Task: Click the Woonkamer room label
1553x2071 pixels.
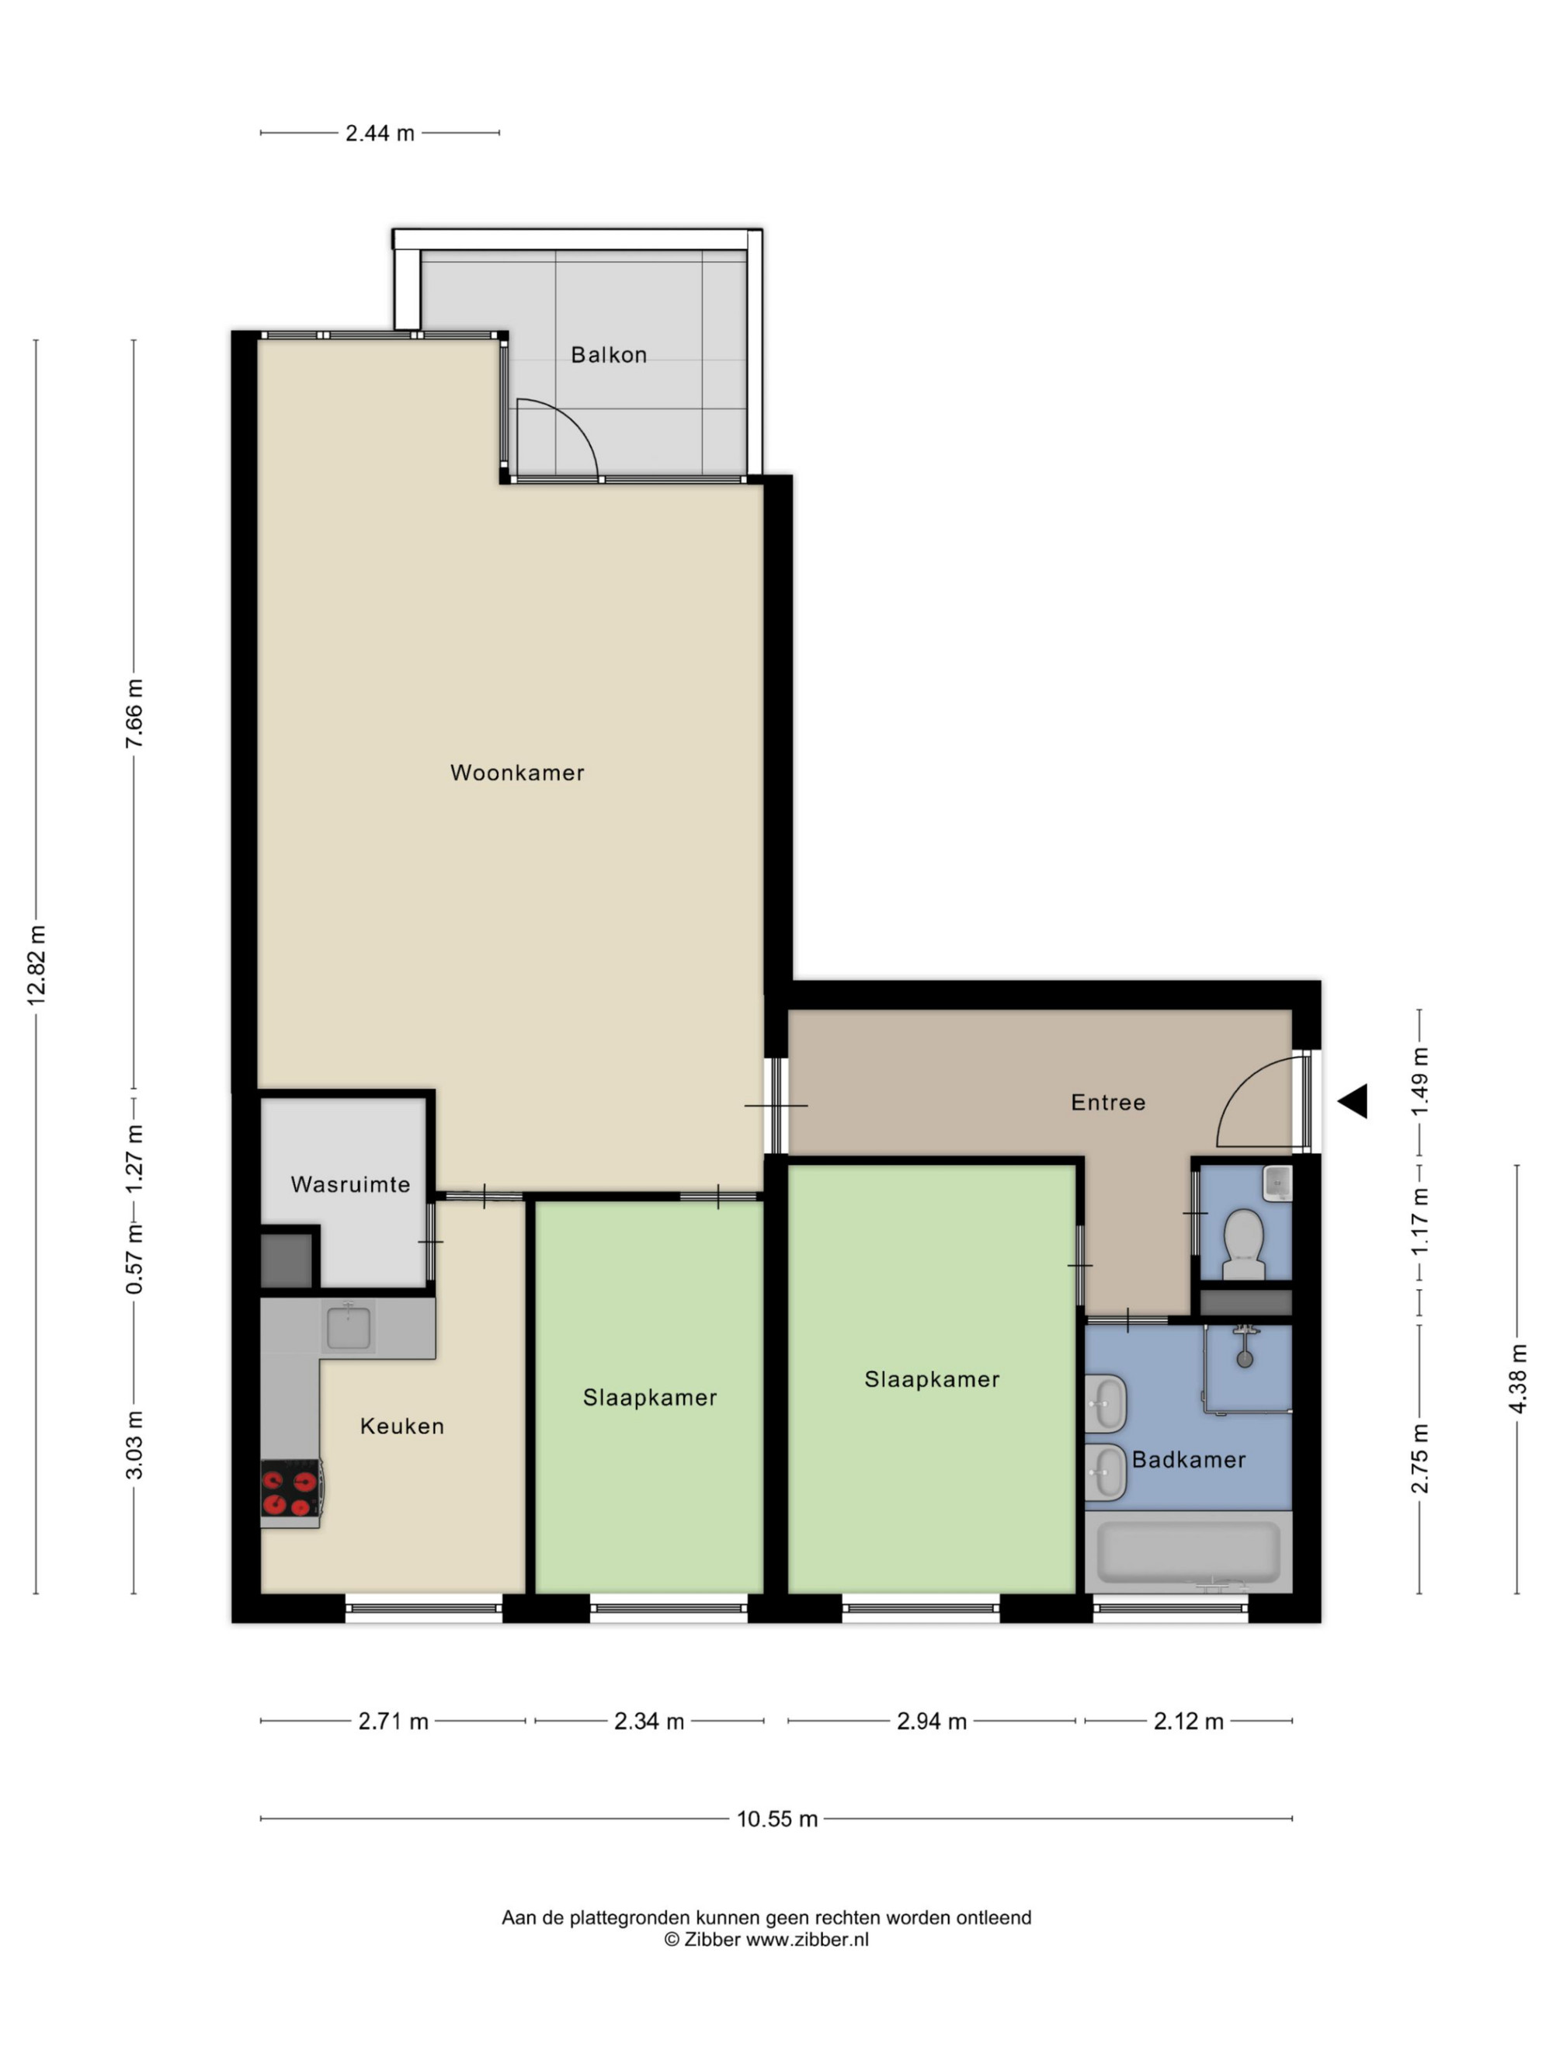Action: [516, 773]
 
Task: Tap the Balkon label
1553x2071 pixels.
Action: [609, 355]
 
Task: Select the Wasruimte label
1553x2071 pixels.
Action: [350, 1184]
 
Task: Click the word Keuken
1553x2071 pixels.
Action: [401, 1426]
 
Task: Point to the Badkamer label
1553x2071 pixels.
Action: [1188, 1460]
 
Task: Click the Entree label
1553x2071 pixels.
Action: [1107, 1102]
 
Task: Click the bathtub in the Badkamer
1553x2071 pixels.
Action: [1188, 1552]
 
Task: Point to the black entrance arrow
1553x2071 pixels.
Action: [1353, 1101]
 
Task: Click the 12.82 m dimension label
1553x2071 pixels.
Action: [36, 965]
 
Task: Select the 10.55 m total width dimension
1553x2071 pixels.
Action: [777, 1819]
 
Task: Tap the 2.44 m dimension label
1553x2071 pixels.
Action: [379, 133]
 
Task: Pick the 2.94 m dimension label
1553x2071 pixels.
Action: [932, 1721]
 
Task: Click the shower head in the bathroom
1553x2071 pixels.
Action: [1244, 1357]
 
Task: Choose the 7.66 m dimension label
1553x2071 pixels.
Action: [134, 714]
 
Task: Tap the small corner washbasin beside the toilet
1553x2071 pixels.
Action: [1277, 1183]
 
